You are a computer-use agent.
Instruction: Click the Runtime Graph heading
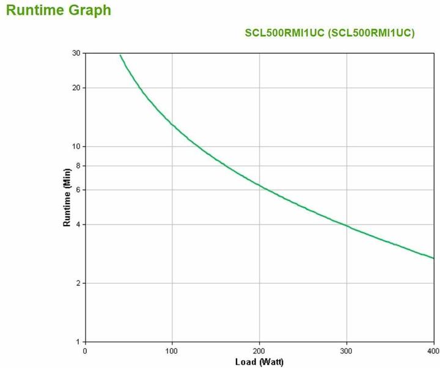(x=59, y=10)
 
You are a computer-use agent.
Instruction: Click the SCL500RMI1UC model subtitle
(x=329, y=33)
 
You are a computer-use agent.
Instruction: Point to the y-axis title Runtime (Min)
(x=67, y=197)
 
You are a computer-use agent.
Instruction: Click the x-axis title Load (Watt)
(x=259, y=361)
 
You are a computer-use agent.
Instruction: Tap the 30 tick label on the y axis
(x=76, y=53)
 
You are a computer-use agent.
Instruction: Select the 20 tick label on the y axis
(x=76, y=87)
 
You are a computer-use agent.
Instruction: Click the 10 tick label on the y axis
(x=76, y=146)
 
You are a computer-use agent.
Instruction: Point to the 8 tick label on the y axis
(x=78, y=166)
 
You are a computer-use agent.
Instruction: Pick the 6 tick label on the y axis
(x=78, y=190)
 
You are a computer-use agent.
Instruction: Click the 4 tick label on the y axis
(x=78, y=224)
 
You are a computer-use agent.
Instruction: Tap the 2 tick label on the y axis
(x=78, y=283)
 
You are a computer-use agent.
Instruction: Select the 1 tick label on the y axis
(x=78, y=342)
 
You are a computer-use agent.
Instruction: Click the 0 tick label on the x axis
(x=85, y=351)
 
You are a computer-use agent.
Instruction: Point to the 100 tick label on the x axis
(x=172, y=351)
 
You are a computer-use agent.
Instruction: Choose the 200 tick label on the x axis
(x=259, y=351)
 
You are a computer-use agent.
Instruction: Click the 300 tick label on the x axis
(x=346, y=351)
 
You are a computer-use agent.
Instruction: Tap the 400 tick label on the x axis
(x=433, y=351)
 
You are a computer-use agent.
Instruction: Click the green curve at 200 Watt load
(x=259, y=185)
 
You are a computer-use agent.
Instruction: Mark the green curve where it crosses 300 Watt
(x=346, y=226)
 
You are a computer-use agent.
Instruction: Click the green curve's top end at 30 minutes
(x=120, y=55)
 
